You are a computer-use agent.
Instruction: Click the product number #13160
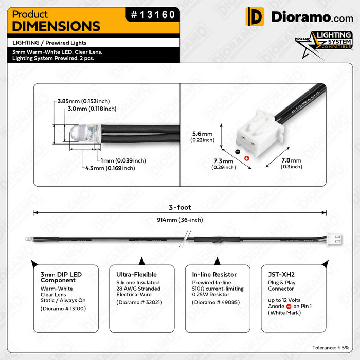[x=153, y=15]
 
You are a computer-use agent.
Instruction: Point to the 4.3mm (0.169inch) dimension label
[x=110, y=168]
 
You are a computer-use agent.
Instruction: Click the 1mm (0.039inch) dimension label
[x=123, y=160]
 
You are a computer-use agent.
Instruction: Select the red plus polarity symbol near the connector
[x=246, y=158]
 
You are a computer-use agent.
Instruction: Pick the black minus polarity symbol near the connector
[x=237, y=152]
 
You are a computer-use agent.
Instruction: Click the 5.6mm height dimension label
[x=202, y=136]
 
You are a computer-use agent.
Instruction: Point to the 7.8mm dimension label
[x=291, y=163]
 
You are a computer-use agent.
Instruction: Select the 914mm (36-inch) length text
[x=179, y=220]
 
